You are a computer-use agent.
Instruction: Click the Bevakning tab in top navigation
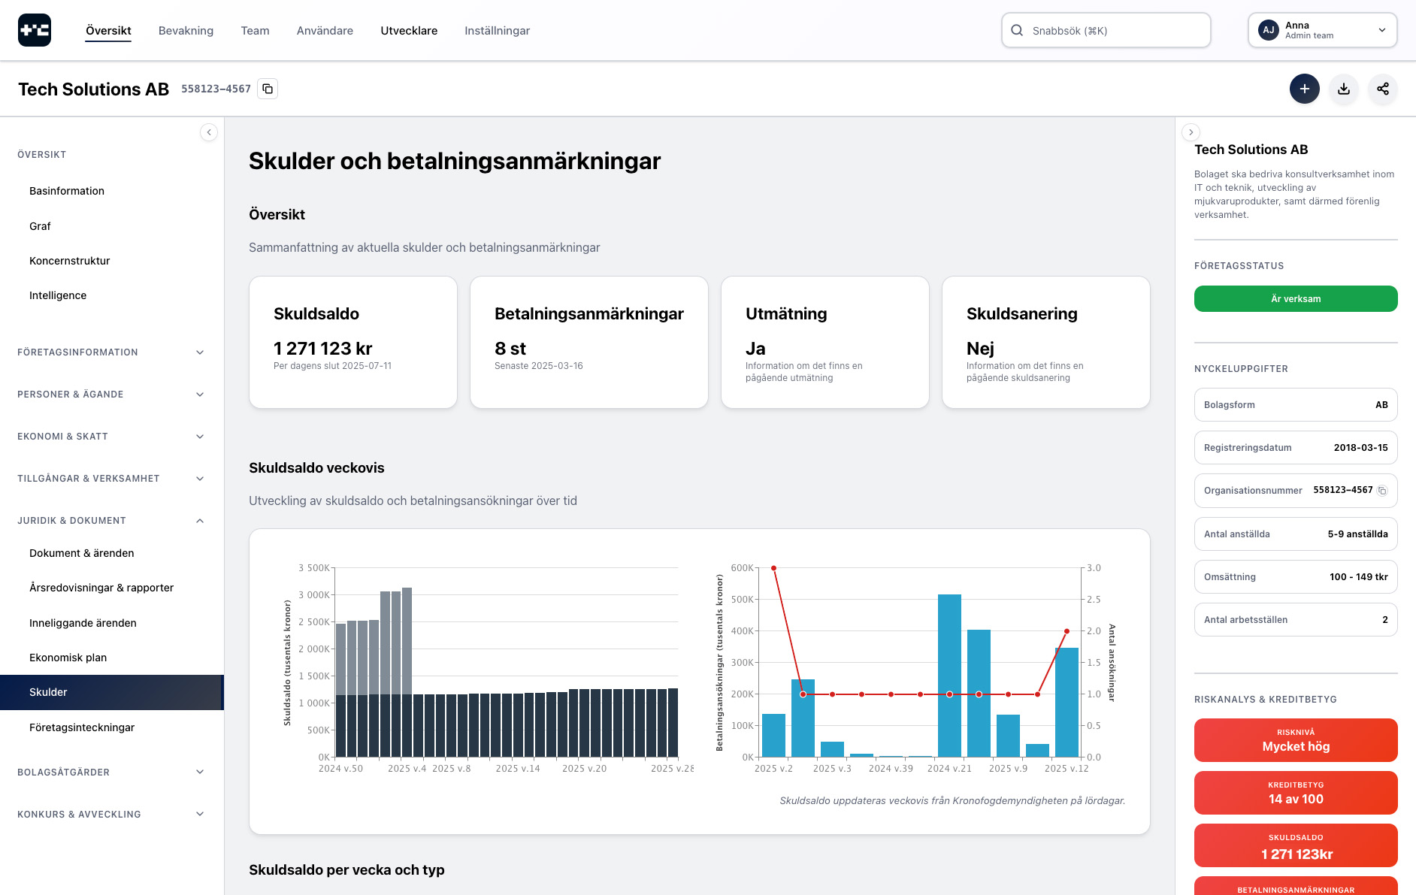pos(186,31)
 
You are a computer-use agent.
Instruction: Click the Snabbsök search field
pos(1106,31)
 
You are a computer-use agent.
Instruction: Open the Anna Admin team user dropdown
pos(1322,31)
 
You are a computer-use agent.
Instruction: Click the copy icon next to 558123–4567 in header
pos(268,89)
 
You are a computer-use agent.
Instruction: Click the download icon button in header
pos(1344,89)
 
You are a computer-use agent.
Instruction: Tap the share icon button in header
pos(1383,89)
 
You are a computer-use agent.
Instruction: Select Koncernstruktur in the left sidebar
pos(70,261)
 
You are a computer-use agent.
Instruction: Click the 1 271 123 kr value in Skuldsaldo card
pos(322,349)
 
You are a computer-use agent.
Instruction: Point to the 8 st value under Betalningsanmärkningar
pos(510,349)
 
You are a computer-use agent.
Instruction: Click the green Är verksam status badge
pos(1296,298)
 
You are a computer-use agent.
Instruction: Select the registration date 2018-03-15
pos(1360,448)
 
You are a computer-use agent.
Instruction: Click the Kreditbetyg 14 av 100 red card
pos(1296,793)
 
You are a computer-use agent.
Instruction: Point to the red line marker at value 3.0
pos(773,568)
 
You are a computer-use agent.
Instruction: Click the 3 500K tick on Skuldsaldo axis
pos(313,568)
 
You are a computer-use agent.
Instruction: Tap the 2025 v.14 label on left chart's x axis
pos(518,769)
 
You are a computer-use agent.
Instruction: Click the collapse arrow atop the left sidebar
pos(209,132)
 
